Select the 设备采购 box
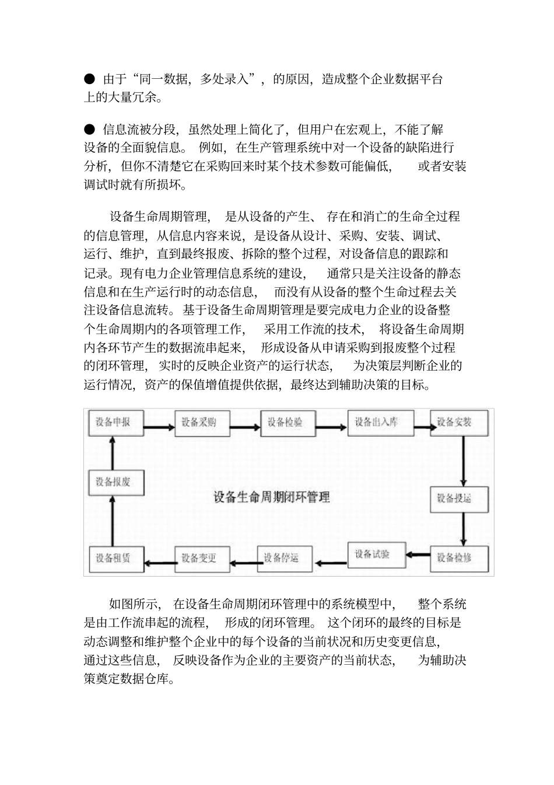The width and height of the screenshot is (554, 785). tap(202, 422)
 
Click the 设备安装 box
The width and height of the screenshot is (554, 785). tap(459, 422)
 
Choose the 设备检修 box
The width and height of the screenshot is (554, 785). tap(459, 557)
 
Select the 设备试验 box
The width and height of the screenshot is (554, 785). tap(376, 554)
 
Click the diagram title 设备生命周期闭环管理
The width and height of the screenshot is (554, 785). tap(272, 497)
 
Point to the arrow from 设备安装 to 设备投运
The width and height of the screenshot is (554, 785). tap(462, 461)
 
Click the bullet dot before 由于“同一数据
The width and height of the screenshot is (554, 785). tap(90, 78)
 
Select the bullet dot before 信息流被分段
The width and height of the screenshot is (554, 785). tap(90, 128)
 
